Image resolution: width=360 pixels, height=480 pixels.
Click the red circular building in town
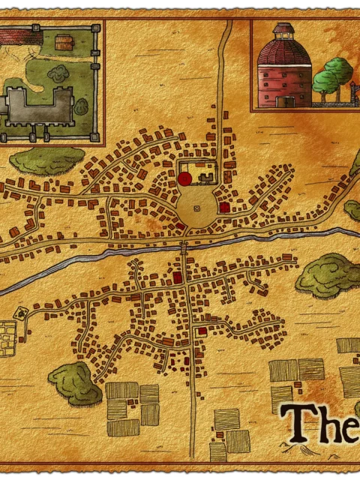coord(184,178)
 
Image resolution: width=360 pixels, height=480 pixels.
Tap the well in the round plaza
coord(197,208)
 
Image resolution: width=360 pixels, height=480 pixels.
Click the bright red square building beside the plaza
coord(224,206)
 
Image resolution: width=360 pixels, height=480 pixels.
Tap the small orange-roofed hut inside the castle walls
coord(64,43)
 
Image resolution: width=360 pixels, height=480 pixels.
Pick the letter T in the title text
coord(298,423)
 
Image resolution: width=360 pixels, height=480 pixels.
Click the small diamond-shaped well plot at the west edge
coord(21,310)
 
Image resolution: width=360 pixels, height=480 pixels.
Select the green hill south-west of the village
coord(75,382)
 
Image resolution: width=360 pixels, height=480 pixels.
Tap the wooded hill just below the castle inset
coord(47,159)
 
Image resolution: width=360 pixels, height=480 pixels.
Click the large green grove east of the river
coord(328,274)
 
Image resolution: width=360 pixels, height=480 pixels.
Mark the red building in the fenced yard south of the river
coord(202,330)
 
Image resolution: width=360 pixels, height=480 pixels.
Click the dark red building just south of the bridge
coord(178,277)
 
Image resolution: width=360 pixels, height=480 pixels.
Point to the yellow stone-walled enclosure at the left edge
coord(7,338)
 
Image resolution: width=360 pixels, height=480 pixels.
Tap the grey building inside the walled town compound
coord(206,177)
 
